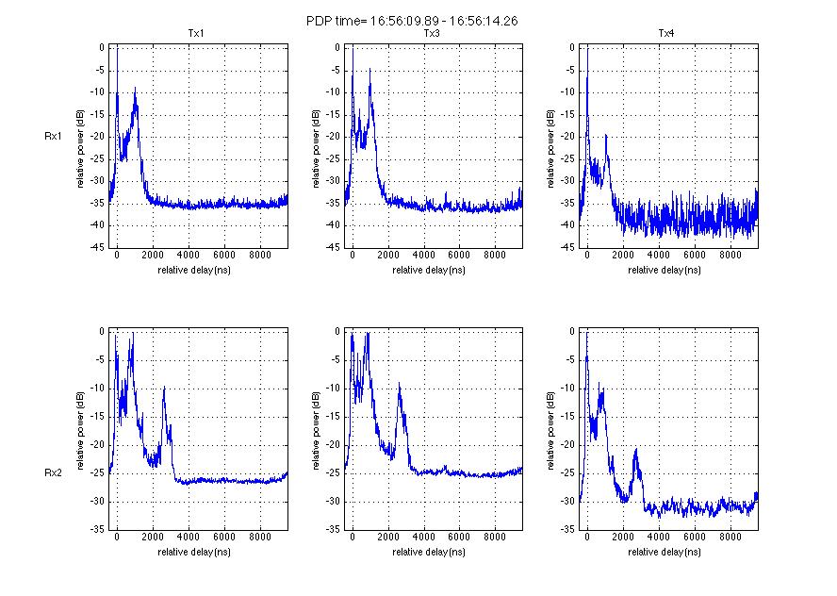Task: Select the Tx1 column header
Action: click(x=196, y=35)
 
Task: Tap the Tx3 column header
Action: click(x=432, y=35)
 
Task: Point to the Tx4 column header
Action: click(x=667, y=35)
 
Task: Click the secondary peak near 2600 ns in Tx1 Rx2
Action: click(x=164, y=388)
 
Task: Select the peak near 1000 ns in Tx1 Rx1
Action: click(x=136, y=89)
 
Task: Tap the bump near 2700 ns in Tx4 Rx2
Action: click(x=636, y=450)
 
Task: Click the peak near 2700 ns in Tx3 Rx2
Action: click(x=400, y=384)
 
